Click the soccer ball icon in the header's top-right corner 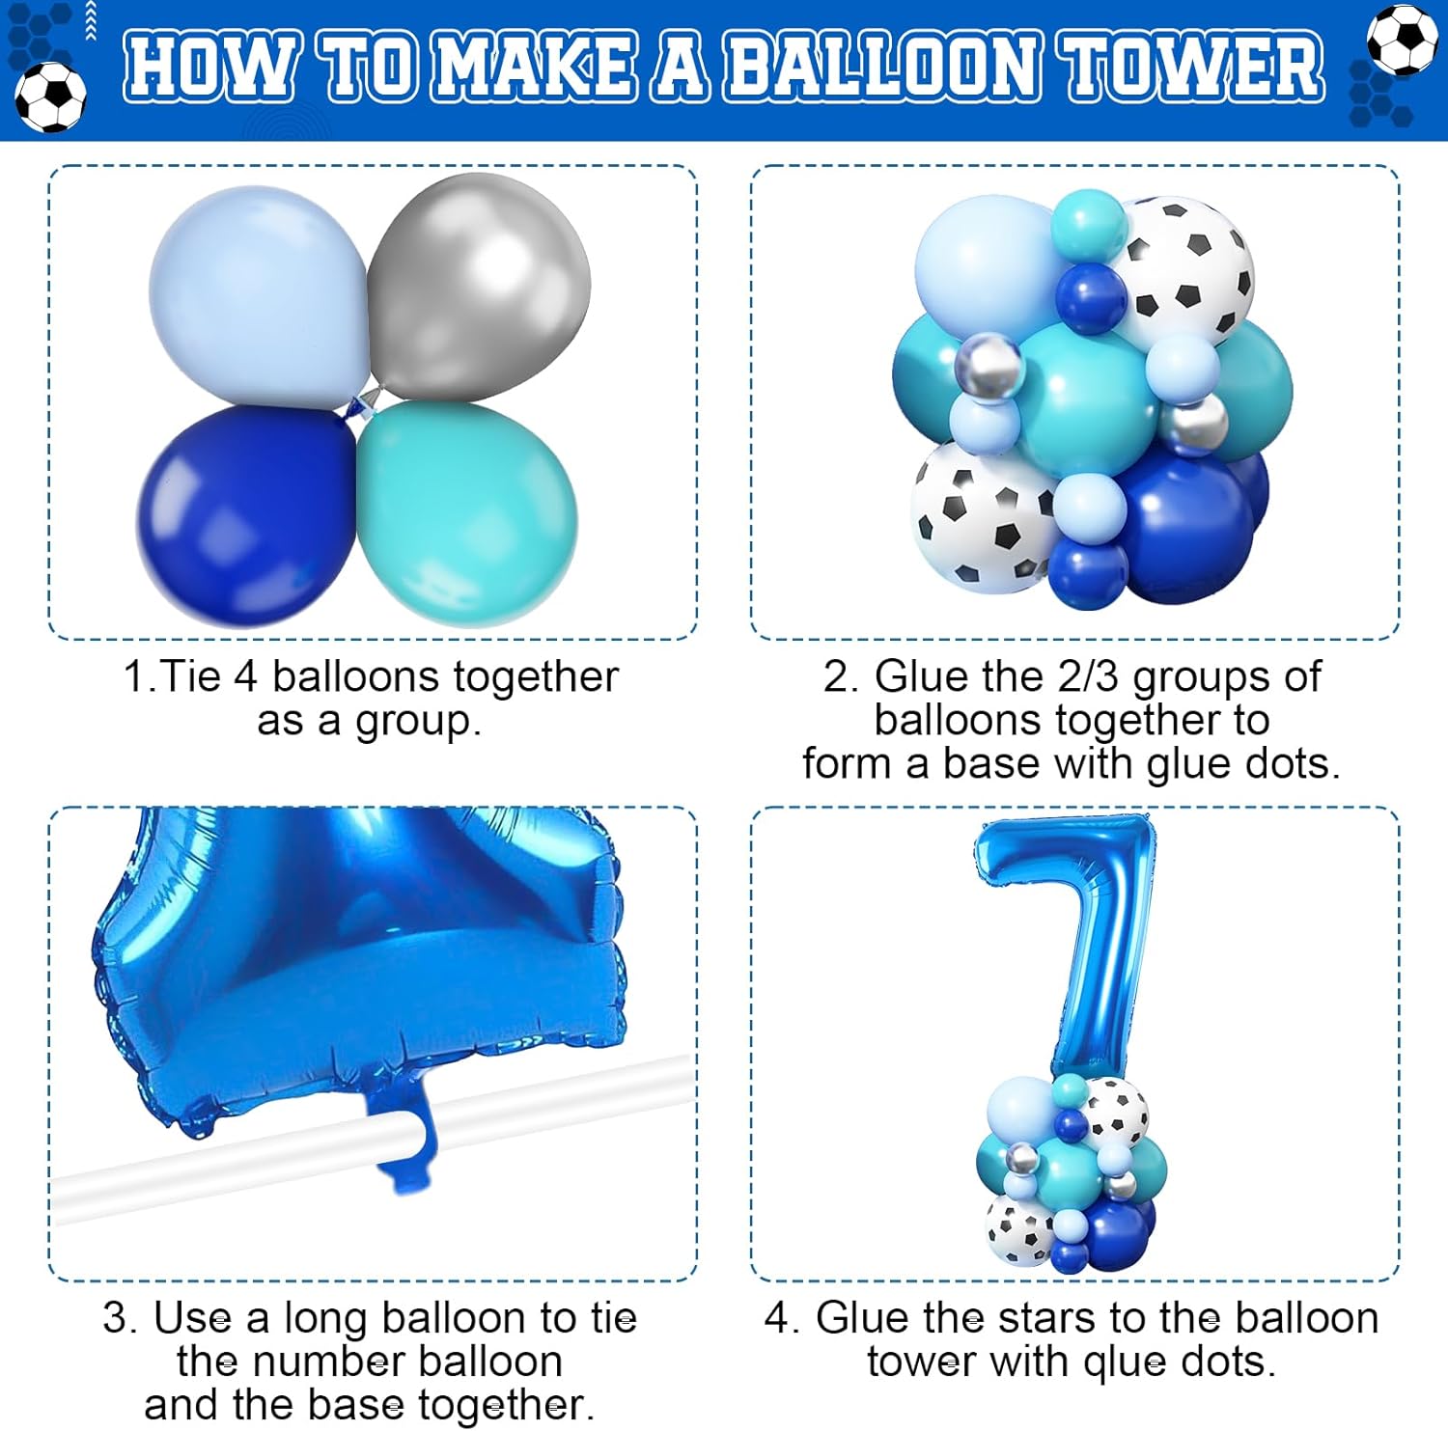click(1402, 40)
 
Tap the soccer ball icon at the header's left click(50, 96)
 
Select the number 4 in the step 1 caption click(245, 676)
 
